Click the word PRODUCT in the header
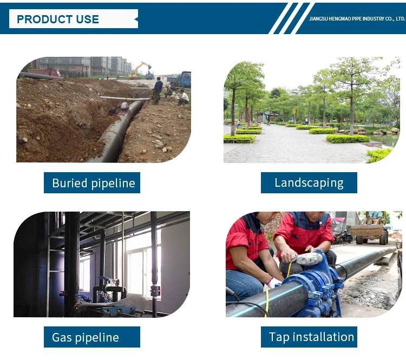coord(41,19)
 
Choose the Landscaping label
coord(309,182)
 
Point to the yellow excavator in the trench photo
coord(140,70)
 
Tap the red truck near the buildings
coord(44,72)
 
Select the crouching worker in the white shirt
coord(184,97)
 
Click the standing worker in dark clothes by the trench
coord(157,90)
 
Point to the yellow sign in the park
coord(294,112)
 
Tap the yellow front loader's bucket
coord(365,231)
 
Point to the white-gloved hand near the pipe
coord(273,283)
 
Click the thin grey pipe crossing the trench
coord(125,99)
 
